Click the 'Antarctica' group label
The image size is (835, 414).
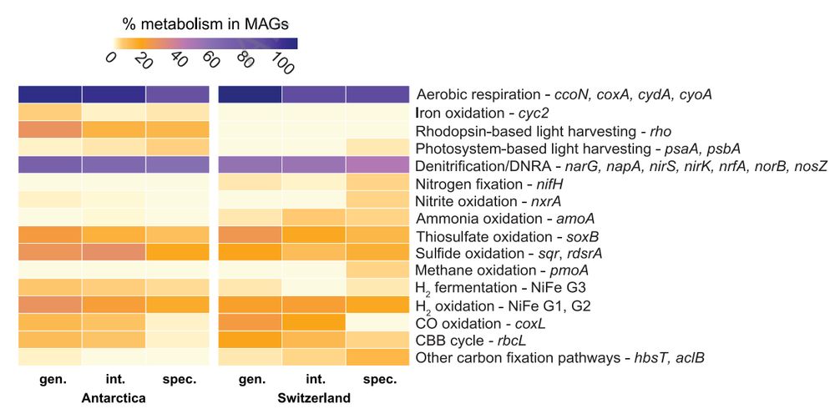(x=114, y=399)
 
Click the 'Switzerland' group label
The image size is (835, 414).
(x=314, y=399)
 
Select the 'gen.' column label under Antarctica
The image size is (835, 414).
(x=49, y=380)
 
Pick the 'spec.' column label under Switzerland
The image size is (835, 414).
(x=377, y=380)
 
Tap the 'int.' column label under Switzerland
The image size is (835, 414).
(x=313, y=380)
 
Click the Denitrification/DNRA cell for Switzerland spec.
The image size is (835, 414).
(x=377, y=164)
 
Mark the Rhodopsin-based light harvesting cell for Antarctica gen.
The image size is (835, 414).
(x=49, y=129)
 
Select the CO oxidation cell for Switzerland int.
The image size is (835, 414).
(x=313, y=322)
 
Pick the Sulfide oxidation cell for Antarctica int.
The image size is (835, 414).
(x=114, y=252)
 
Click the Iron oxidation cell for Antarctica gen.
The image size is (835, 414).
(x=49, y=112)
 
